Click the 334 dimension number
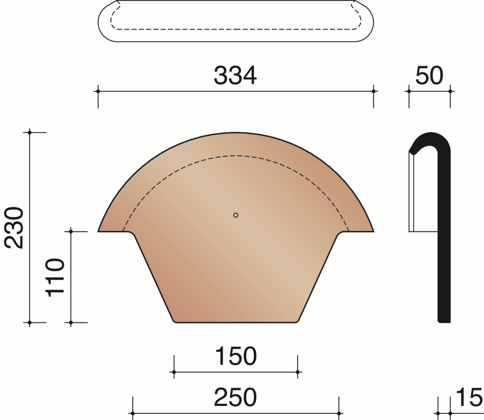tap(235, 76)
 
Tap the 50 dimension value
tap(429, 76)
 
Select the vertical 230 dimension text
tap(14, 227)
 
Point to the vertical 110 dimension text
tap(56, 277)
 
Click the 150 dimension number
tap(236, 356)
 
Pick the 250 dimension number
tap(235, 398)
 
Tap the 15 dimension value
tap(469, 398)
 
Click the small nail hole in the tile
tap(236, 215)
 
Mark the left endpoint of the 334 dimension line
tap(98, 91)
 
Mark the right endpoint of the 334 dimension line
tap(373, 91)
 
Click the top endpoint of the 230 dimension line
tap(30, 132)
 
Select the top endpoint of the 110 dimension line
tap(71, 231)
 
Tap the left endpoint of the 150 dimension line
tap(174, 372)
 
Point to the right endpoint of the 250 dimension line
tap(339, 413)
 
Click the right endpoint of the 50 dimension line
tap(450, 91)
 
